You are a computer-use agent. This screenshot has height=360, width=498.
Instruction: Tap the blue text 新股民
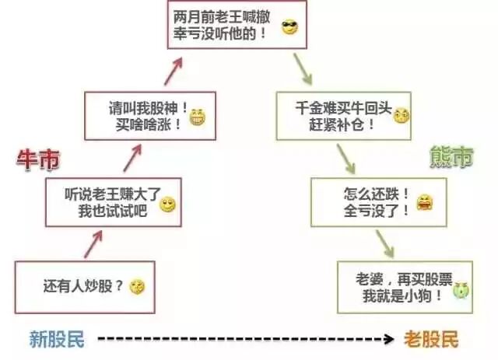[x=57, y=339]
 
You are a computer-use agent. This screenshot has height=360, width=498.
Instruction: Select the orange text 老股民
[x=431, y=339]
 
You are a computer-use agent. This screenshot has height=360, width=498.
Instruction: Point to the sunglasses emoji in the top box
[x=289, y=30]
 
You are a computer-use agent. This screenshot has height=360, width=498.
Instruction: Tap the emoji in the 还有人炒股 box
[x=138, y=286]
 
